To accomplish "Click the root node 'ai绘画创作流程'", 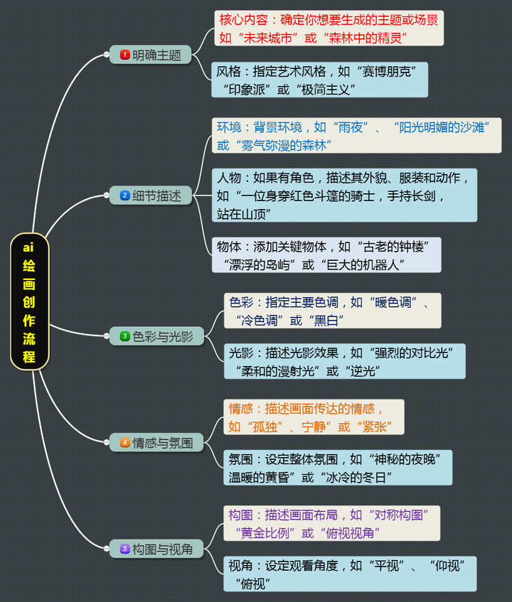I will (x=29, y=301).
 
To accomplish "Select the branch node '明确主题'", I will (x=150, y=55).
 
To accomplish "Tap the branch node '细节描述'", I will (x=150, y=195).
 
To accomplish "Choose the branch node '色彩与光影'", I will (x=156, y=336).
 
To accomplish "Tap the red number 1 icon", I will (x=125, y=55).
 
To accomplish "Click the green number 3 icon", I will (x=125, y=336).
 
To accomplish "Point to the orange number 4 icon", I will (x=125, y=443).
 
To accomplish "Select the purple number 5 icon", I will (x=125, y=549).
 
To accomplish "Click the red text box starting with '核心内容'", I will (x=329, y=28).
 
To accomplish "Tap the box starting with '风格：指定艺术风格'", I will (x=321, y=80).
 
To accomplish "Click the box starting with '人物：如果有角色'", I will (x=344, y=195).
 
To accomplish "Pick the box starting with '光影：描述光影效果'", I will (x=346, y=361).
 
